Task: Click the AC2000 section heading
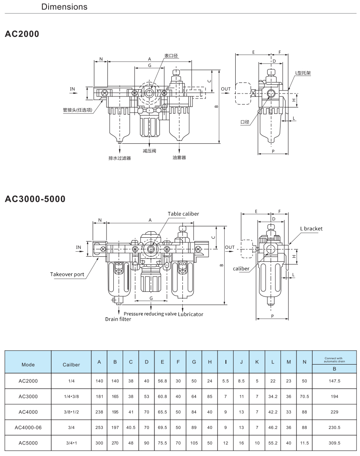22,34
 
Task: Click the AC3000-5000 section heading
35,199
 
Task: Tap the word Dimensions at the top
64,7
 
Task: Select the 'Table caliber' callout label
183,214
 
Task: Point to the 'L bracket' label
311,228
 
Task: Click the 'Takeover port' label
67,274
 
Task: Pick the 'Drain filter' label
118,319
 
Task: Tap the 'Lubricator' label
190,314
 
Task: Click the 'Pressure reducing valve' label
150,314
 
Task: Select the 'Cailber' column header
71,365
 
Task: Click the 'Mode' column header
28,365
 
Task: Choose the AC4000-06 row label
28,428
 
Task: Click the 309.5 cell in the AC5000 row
334,443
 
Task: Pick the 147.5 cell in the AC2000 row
334,381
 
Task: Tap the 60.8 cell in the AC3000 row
162,396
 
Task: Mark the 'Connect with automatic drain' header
334,360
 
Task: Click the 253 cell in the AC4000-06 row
99,428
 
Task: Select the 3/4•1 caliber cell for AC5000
71,443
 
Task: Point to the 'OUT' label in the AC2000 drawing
226,89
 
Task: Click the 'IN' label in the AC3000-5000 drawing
78,247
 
